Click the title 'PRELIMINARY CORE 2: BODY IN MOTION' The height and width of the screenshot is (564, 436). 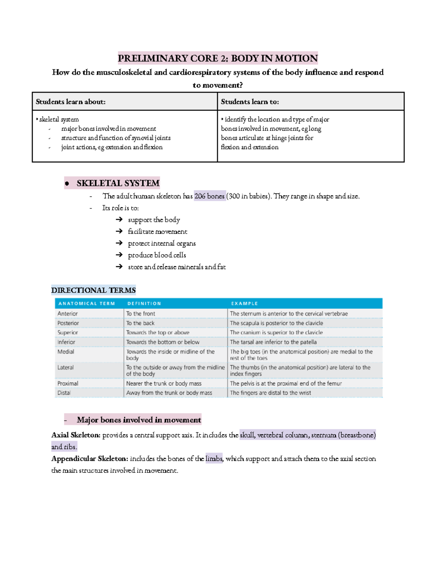tap(218, 58)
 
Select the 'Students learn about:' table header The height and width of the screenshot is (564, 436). tap(70, 102)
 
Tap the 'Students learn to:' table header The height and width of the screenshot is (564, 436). tap(250, 102)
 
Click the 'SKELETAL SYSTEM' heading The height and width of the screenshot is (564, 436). tap(118, 183)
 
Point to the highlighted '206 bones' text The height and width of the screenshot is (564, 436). tap(210, 196)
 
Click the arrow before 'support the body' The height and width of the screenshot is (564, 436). tap(119, 219)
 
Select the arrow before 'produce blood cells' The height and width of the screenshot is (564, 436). tap(119, 255)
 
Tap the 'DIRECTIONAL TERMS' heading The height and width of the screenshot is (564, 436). tap(93, 290)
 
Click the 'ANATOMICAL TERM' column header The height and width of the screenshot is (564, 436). tap(86, 304)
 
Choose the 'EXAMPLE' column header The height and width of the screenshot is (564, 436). tap(245, 304)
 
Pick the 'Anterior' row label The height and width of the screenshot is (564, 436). tap(68, 313)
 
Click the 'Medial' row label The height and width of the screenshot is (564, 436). tap(66, 352)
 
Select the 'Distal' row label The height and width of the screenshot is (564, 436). tap(64, 393)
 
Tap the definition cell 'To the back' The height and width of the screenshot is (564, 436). tap(140, 323)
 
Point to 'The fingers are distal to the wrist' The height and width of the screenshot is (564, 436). tap(270, 393)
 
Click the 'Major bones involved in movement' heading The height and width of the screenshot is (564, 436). tap(139, 420)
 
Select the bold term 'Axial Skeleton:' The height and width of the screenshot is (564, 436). tap(76, 435)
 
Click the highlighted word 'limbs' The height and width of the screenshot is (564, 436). tap(214, 459)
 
